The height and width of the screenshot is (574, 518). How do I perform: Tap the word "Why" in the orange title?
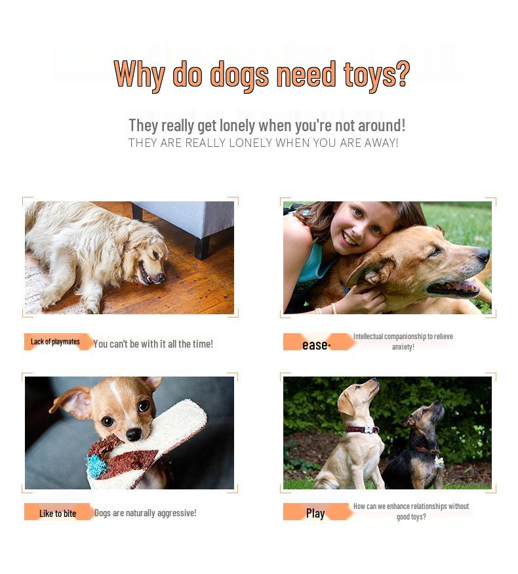click(x=139, y=74)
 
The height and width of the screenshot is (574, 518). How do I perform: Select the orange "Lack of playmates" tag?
click(x=56, y=342)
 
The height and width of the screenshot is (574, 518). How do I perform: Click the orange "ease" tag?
click(x=316, y=343)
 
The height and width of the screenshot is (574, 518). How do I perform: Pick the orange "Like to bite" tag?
click(x=58, y=513)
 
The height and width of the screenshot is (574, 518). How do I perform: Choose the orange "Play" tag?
click(x=315, y=513)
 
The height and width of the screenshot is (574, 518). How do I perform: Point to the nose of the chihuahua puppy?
click(x=134, y=434)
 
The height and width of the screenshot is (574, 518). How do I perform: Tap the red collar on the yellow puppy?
click(x=363, y=430)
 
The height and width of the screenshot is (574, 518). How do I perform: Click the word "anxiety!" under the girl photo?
click(x=403, y=347)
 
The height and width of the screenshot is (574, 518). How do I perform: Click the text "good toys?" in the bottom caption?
click(x=411, y=517)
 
